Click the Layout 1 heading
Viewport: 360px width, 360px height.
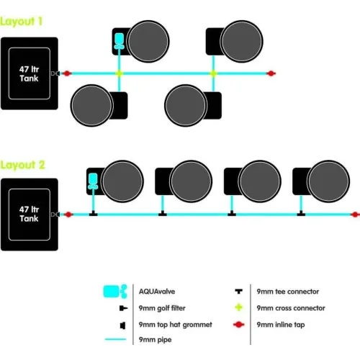(21, 22)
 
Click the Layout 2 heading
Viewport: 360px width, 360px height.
(22, 165)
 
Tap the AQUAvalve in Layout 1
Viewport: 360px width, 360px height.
(119, 41)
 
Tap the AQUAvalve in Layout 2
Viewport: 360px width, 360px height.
(93, 181)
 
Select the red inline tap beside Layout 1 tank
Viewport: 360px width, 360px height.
(67, 73)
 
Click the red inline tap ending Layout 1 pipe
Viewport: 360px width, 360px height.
(271, 73)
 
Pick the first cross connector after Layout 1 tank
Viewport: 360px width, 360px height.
(120, 73)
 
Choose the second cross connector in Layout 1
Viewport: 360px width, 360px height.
(213, 73)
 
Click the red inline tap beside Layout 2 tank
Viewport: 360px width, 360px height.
(68, 215)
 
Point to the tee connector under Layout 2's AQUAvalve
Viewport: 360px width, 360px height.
(94, 213)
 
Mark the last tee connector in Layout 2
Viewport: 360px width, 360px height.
(301, 213)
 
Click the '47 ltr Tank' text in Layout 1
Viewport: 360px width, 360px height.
(29, 74)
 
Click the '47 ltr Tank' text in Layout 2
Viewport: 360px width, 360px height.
(29, 214)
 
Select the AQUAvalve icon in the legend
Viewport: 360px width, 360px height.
(115, 292)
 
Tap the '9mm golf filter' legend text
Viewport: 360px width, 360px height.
(162, 308)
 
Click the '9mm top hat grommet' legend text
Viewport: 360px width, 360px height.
(176, 325)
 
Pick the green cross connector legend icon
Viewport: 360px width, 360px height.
(239, 307)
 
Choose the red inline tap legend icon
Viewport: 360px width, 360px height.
(239, 325)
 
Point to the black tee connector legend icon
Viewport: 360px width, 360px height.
(239, 292)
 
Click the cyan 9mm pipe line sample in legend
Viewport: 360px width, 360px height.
(116, 339)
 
